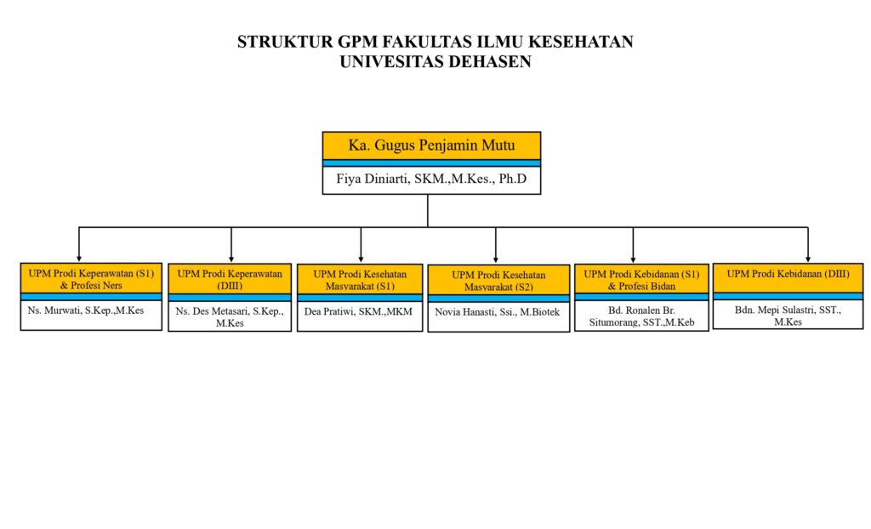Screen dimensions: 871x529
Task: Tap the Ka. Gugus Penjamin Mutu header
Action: point(431,145)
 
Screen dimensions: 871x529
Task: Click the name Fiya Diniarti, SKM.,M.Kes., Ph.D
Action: point(431,179)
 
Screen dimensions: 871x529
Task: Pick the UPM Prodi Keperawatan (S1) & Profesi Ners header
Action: point(91,279)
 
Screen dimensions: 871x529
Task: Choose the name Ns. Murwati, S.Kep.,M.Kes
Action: point(86,310)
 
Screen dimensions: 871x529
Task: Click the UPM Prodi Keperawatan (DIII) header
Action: point(230,280)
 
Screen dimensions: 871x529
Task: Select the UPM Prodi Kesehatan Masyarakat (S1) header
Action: point(360,280)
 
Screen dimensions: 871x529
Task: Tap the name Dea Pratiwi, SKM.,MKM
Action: point(358,312)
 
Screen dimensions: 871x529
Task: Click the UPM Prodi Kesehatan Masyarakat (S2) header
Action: point(498,281)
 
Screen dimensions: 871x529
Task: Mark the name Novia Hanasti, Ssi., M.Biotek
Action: point(497,312)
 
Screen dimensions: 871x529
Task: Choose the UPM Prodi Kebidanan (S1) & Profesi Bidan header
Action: point(641,280)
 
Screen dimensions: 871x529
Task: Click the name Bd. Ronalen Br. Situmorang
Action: point(641,316)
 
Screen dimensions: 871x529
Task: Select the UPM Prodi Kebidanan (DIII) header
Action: point(788,278)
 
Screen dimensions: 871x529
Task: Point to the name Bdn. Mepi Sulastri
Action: point(788,316)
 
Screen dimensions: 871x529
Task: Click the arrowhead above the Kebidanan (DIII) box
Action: point(808,259)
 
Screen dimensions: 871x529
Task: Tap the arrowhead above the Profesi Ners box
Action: point(79,259)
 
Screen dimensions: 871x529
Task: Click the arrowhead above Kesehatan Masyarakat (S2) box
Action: point(496,259)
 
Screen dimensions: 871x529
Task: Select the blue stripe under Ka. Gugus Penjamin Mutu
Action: point(431,163)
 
